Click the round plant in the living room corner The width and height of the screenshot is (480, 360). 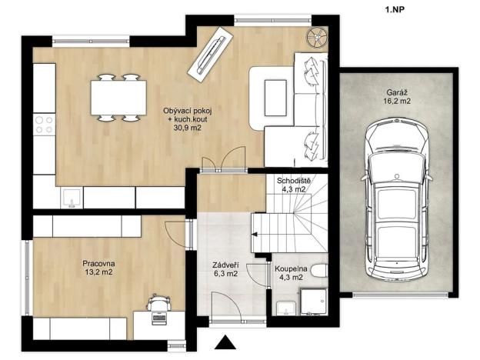(x=315, y=35)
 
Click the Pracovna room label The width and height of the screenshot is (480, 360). (x=98, y=266)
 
